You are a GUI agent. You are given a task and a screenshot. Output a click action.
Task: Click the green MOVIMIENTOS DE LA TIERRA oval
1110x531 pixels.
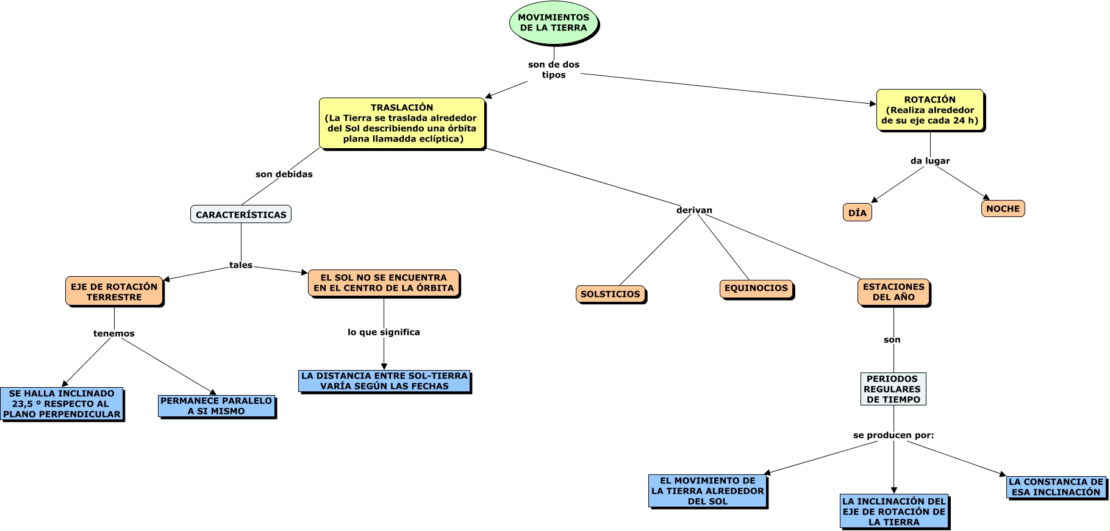click(553, 23)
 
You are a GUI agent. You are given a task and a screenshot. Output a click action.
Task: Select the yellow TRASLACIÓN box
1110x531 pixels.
click(401, 123)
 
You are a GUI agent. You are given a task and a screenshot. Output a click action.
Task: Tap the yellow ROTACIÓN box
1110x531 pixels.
click(929, 110)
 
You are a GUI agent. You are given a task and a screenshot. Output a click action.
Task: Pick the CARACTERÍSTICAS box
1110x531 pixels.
click(241, 215)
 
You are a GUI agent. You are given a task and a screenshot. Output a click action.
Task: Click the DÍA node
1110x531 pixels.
click(857, 213)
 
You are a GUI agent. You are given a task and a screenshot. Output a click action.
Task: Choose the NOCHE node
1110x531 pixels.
click(1003, 208)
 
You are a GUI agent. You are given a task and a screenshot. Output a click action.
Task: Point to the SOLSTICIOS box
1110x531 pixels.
click(610, 294)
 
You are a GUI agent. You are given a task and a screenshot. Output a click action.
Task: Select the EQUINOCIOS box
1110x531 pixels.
click(756, 288)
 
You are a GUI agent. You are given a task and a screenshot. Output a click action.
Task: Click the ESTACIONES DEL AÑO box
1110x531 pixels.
click(893, 292)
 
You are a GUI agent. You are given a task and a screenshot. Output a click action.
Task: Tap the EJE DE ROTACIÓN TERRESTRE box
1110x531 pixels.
click(114, 292)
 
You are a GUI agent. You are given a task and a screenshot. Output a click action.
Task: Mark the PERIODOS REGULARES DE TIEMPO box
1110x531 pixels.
click(893, 389)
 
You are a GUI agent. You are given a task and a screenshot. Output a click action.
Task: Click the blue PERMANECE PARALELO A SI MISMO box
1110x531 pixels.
click(217, 406)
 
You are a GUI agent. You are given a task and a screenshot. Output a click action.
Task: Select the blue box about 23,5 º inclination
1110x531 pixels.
click(62, 404)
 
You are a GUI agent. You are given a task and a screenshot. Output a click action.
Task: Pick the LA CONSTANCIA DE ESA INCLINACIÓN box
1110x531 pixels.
click(1056, 487)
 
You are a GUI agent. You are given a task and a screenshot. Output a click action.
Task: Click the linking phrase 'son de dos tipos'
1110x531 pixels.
click(554, 69)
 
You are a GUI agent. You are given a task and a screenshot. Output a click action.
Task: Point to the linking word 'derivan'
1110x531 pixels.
click(694, 210)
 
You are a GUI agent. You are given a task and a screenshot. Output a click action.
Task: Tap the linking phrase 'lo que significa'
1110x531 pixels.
click(384, 332)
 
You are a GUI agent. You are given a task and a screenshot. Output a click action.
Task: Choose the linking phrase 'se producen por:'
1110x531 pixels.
click(893, 435)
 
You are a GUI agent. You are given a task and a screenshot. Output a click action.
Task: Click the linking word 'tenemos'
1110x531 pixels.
click(114, 333)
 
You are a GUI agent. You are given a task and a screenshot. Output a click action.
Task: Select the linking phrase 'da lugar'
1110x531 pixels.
click(930, 161)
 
